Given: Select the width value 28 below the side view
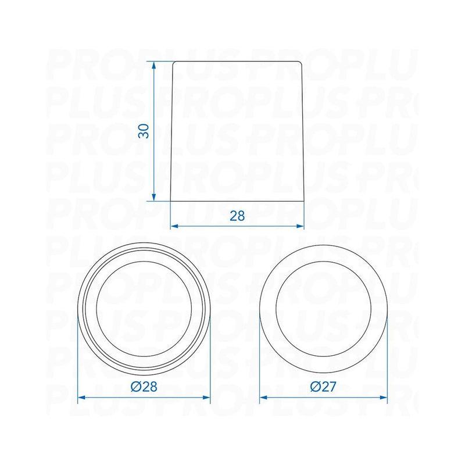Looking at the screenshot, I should tap(237, 216).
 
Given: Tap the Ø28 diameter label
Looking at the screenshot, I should tap(144, 387).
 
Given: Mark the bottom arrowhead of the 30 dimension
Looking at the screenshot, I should tap(153, 198).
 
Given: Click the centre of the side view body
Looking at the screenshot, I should tap(237, 131).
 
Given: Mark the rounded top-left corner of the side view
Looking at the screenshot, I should tap(175, 64).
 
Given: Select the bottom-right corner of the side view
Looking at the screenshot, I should tap(305, 201).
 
